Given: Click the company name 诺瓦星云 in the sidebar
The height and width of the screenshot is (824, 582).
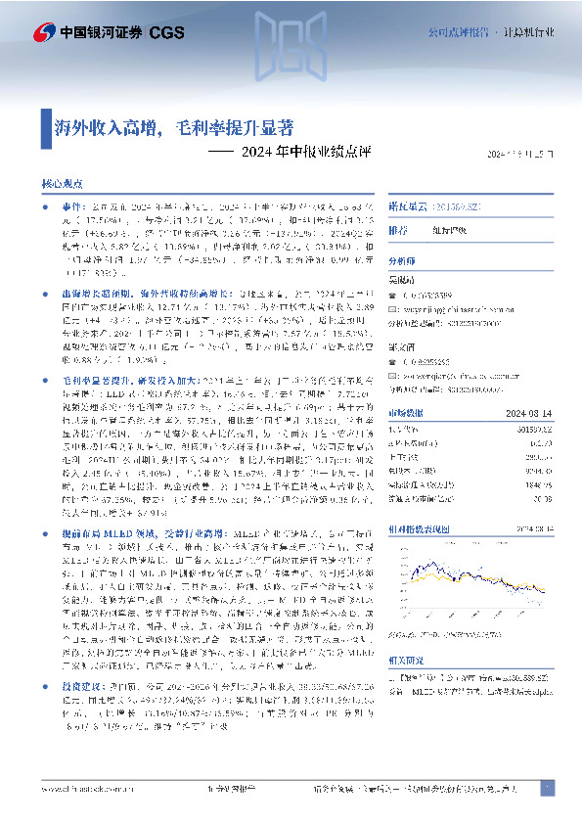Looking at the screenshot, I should click(409, 207).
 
